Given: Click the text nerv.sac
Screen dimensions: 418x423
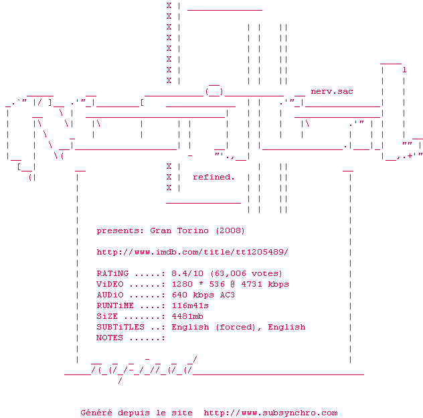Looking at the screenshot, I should pos(332,91).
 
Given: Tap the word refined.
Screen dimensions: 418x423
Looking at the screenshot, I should pos(214,177).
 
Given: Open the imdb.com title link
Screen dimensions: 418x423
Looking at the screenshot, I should pos(193,252).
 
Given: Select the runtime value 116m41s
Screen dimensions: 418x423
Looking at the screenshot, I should pos(190,305).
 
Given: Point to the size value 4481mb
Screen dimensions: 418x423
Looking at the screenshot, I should pos(187,316).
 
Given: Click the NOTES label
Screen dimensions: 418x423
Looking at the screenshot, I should pos(110,338).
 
